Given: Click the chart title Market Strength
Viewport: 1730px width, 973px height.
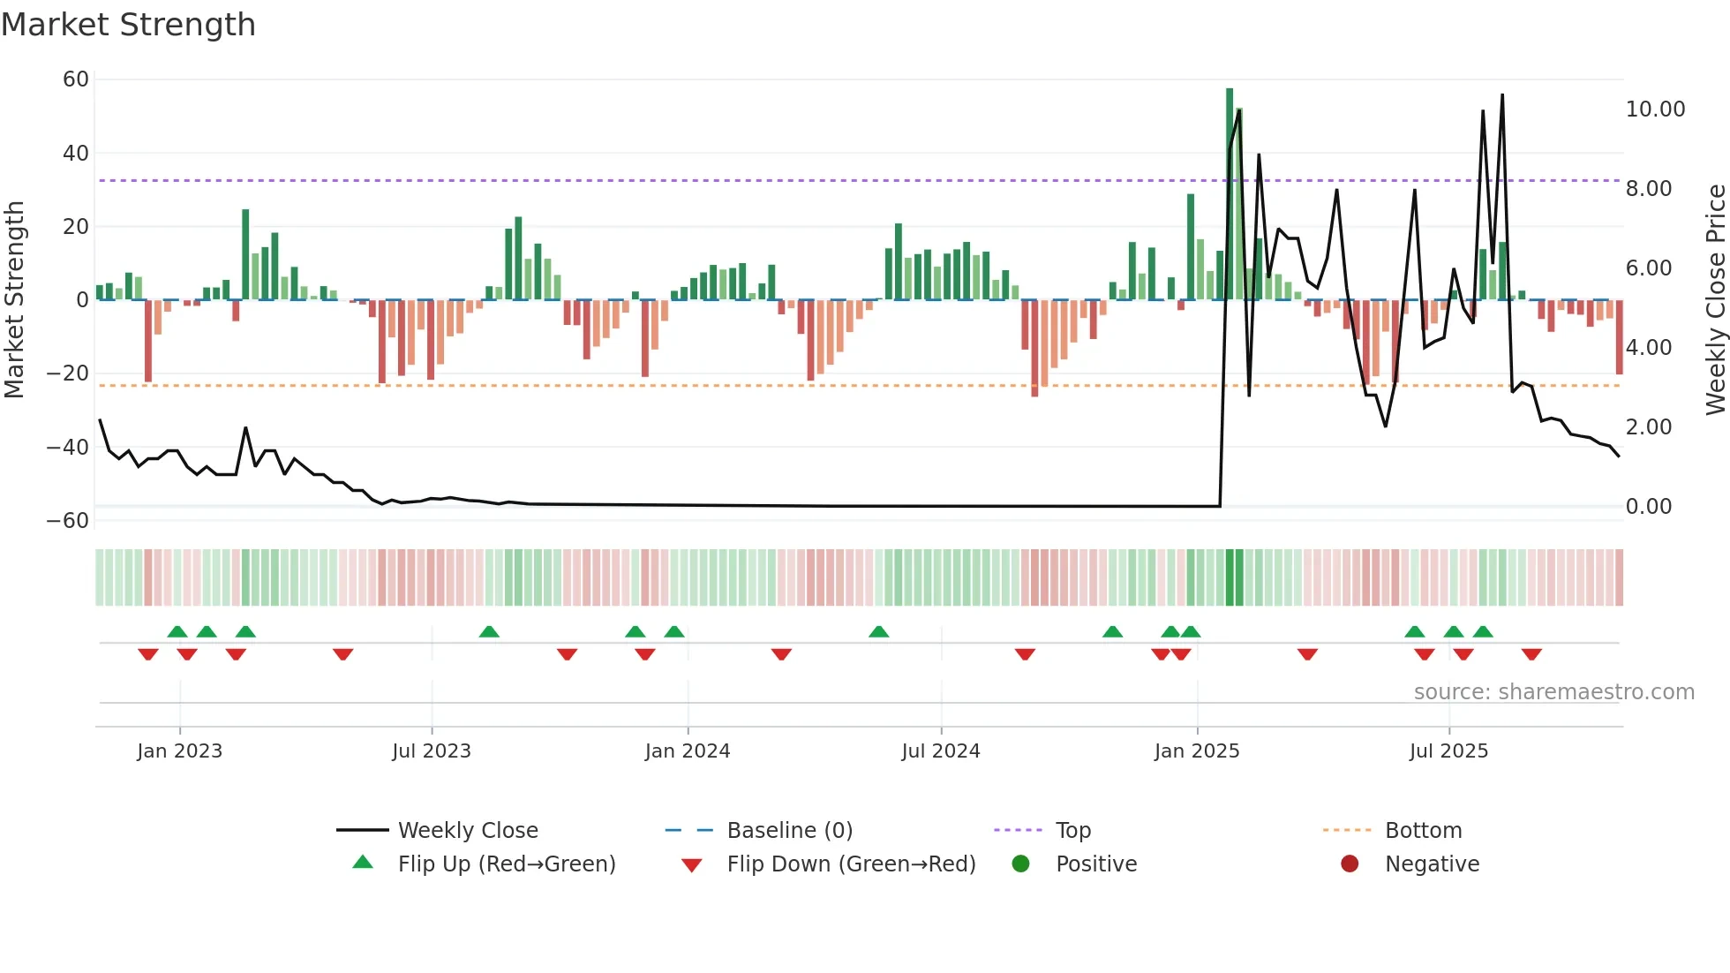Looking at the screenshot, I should pyautogui.click(x=128, y=25).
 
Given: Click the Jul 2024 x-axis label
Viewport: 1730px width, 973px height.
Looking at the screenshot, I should pyautogui.click(x=940, y=751).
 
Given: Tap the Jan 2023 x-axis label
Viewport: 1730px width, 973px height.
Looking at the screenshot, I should pyautogui.click(x=179, y=751).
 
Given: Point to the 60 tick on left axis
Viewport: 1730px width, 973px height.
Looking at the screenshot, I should pyautogui.click(x=76, y=79).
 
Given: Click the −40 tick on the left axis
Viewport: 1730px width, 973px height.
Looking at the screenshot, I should pyautogui.click(x=68, y=447).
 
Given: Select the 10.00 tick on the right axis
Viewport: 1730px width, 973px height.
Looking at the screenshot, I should pyautogui.click(x=1655, y=109).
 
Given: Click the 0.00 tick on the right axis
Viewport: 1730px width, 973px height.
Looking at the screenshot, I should pyautogui.click(x=1648, y=507).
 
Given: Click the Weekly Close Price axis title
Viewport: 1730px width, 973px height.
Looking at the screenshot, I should pyautogui.click(x=1715, y=300).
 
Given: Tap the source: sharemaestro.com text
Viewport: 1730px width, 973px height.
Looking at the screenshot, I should pyautogui.click(x=1553, y=692).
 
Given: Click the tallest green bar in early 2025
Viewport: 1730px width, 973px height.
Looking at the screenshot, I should pyautogui.click(x=1230, y=194).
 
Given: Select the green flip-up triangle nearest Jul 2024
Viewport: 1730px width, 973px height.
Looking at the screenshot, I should pyautogui.click(x=878, y=632).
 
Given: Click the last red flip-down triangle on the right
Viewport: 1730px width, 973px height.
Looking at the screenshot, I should pyautogui.click(x=1531, y=654).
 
